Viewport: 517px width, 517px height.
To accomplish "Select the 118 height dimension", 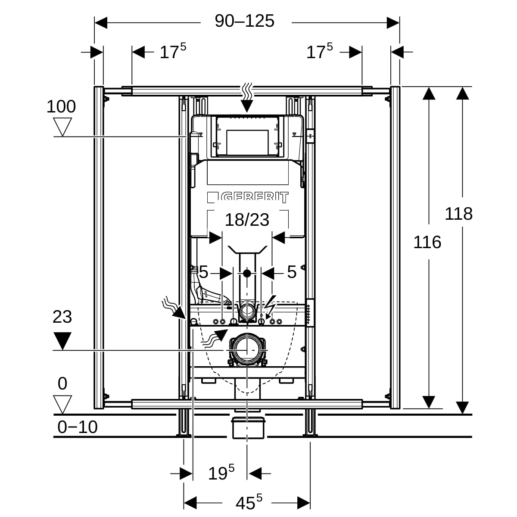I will click(458, 214).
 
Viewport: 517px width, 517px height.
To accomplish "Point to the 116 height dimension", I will click(427, 243).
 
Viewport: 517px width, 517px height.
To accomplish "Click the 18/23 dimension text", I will click(247, 220).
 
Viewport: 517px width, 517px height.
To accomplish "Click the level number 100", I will click(61, 106).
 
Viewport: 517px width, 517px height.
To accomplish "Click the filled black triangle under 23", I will click(62, 340).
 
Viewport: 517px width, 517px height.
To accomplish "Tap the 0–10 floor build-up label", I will click(78, 427).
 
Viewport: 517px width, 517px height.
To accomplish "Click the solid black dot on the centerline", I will click(247, 273).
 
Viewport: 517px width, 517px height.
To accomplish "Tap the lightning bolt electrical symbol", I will click(270, 304).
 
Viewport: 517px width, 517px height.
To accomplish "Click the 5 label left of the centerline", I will click(203, 272).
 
